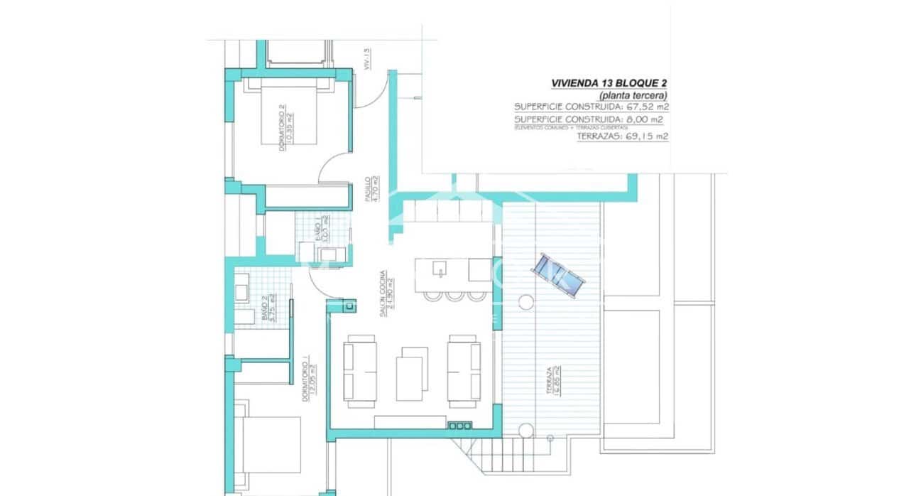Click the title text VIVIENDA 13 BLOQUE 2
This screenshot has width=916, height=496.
coord(609,83)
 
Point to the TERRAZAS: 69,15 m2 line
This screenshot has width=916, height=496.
coord(622,136)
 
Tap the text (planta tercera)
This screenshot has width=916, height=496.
coord(633,95)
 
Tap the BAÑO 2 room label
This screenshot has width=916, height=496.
coord(268,309)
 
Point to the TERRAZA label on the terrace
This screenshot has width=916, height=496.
coord(554,382)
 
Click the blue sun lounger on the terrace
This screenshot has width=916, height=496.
coord(560,276)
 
